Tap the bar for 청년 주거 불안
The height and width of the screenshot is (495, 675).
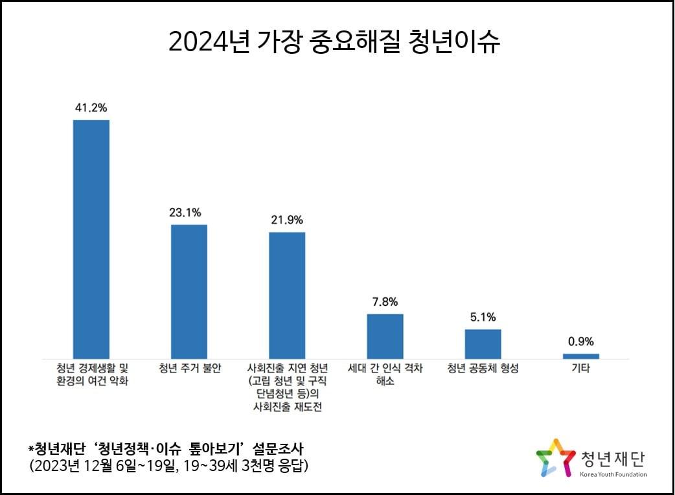pyautogui.click(x=189, y=291)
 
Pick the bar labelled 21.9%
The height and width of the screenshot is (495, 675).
pyautogui.click(x=287, y=295)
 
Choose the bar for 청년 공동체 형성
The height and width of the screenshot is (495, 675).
pyautogui.click(x=483, y=343)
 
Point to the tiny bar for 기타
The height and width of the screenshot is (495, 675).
pyautogui.click(x=580, y=356)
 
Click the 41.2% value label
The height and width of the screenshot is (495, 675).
pyautogui.click(x=91, y=108)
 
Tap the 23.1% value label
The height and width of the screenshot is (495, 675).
pyautogui.click(x=189, y=212)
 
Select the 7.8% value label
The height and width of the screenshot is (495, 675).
pyautogui.click(x=385, y=301)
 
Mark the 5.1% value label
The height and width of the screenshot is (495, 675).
pyautogui.click(x=483, y=317)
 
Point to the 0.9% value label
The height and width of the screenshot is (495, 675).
pyautogui.click(x=580, y=341)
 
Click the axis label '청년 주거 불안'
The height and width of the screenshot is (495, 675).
pyautogui.click(x=190, y=369)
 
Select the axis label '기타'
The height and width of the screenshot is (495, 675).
pyautogui.click(x=580, y=369)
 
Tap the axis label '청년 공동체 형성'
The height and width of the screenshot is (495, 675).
pyautogui.click(x=483, y=369)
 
